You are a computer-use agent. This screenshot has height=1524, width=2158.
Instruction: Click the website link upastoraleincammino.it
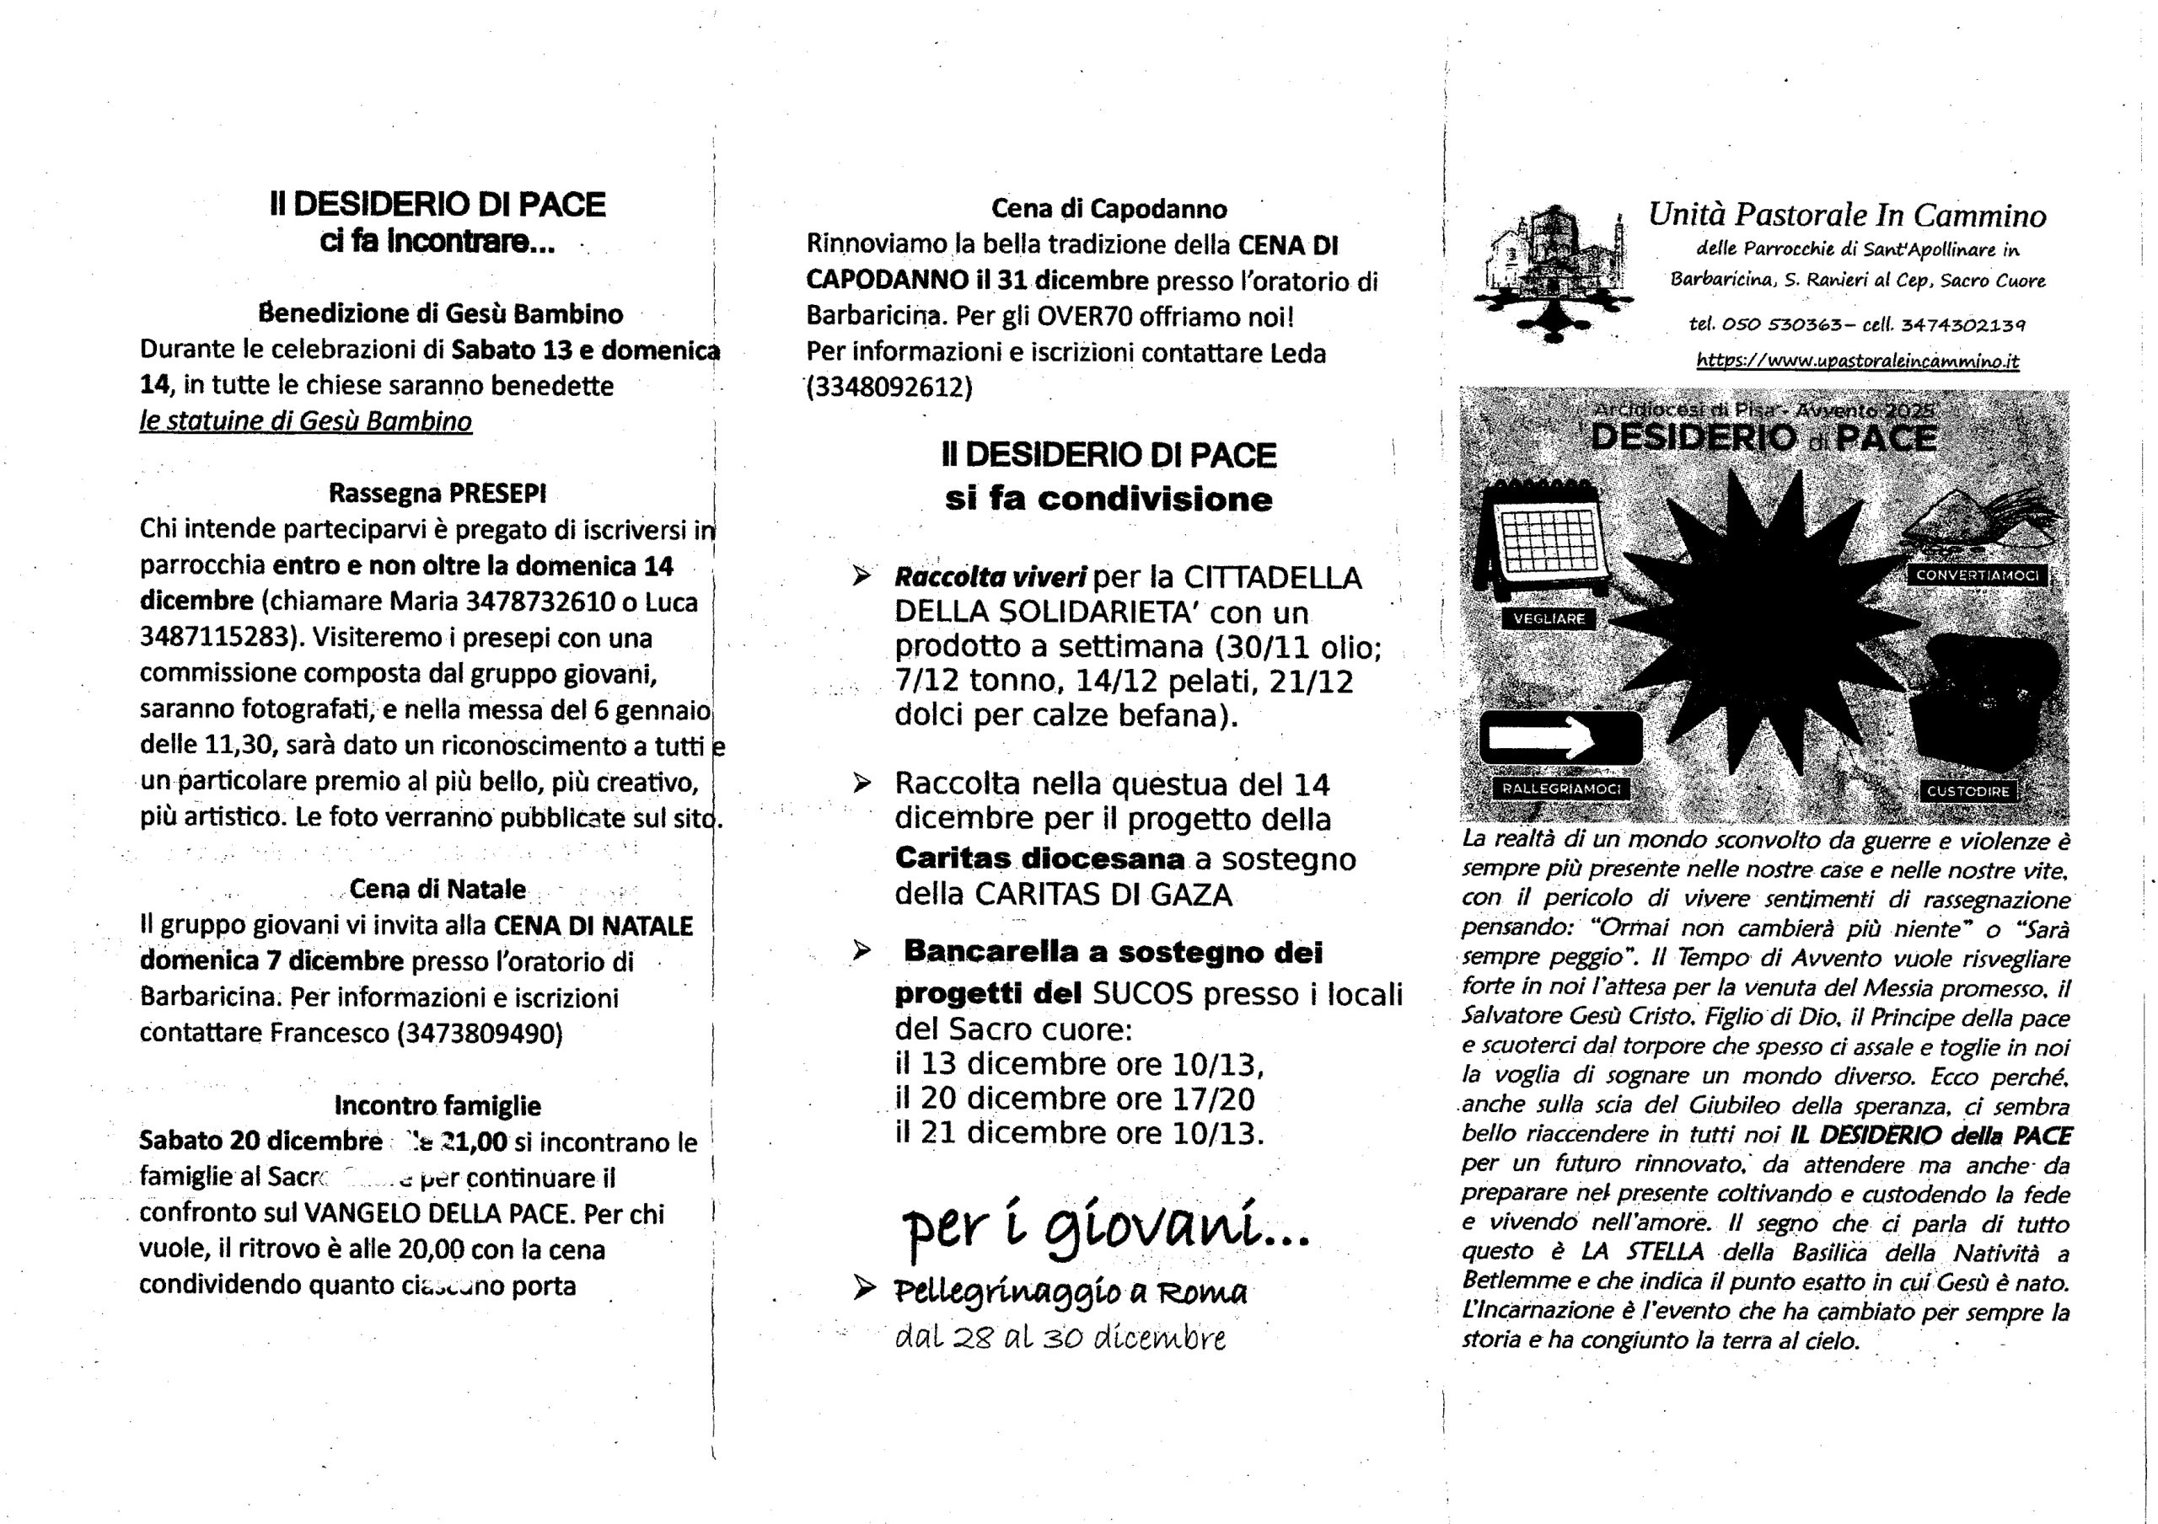1857,361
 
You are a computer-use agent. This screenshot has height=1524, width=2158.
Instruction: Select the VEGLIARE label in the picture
1549,618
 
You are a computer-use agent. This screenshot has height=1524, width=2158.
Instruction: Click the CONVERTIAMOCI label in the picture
1978,575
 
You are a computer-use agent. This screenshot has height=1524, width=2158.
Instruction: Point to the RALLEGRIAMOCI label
1560,789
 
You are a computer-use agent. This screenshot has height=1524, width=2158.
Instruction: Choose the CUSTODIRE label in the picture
1967,791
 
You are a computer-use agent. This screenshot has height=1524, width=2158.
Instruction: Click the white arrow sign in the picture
1560,738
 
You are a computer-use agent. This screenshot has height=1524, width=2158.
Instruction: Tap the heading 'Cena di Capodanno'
1109,209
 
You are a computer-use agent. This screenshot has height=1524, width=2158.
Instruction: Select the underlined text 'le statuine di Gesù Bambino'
305,421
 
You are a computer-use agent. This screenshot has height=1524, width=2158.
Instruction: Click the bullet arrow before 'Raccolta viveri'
861,577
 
